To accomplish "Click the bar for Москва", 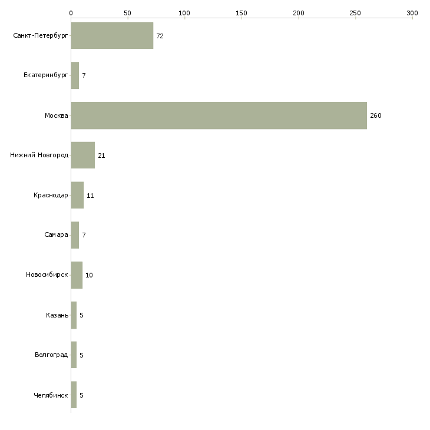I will tap(219, 115).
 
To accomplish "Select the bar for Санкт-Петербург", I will tap(112, 35).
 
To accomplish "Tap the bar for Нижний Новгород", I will tap(83, 156).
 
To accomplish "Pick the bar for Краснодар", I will tap(77, 195).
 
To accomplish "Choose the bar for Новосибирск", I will tap(77, 275).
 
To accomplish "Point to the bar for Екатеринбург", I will tap(75, 75).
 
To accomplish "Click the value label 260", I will tap(376, 115).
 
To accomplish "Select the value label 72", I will tap(160, 36).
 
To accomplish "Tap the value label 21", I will tap(101, 156).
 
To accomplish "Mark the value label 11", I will tap(90, 196).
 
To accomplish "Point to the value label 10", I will tap(89, 275).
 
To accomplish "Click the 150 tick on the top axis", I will tap(242, 12).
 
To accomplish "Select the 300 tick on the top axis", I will tap(412, 12).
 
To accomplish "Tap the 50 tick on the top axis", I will tap(127, 12).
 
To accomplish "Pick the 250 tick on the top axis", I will tap(355, 12).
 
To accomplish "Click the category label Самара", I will tap(56, 235).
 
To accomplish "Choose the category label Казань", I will tap(57, 315).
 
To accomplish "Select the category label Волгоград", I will tap(51, 355).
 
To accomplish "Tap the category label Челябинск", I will tap(51, 395).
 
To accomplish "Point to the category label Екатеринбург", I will tap(46, 75).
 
